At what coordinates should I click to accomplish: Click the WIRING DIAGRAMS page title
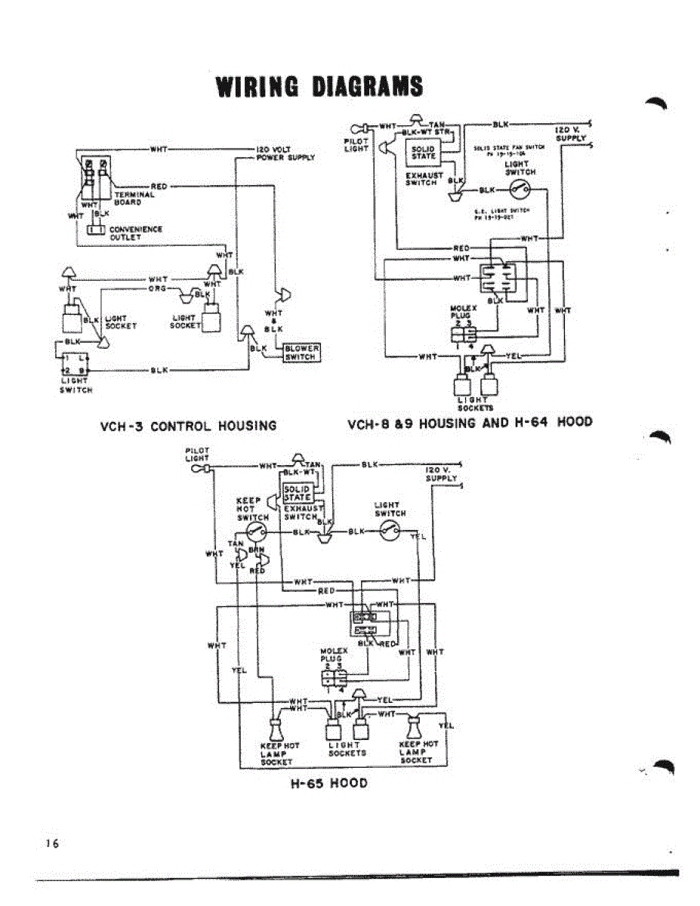(x=319, y=86)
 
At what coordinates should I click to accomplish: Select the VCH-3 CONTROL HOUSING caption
(x=188, y=426)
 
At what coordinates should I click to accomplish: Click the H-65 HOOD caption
(x=329, y=783)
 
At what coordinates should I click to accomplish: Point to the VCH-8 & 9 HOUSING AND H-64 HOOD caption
(x=470, y=422)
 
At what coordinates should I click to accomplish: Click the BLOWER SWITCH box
(x=301, y=353)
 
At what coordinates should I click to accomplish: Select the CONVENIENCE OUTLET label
(x=136, y=233)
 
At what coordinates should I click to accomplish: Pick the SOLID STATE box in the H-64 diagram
(x=424, y=153)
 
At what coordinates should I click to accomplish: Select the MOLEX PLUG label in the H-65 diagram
(x=333, y=655)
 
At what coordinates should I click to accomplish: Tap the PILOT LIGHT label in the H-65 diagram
(x=197, y=454)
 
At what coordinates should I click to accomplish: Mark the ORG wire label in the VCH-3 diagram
(x=158, y=288)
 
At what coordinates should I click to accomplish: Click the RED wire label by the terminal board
(x=159, y=186)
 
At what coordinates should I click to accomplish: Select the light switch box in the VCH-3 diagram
(x=74, y=364)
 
